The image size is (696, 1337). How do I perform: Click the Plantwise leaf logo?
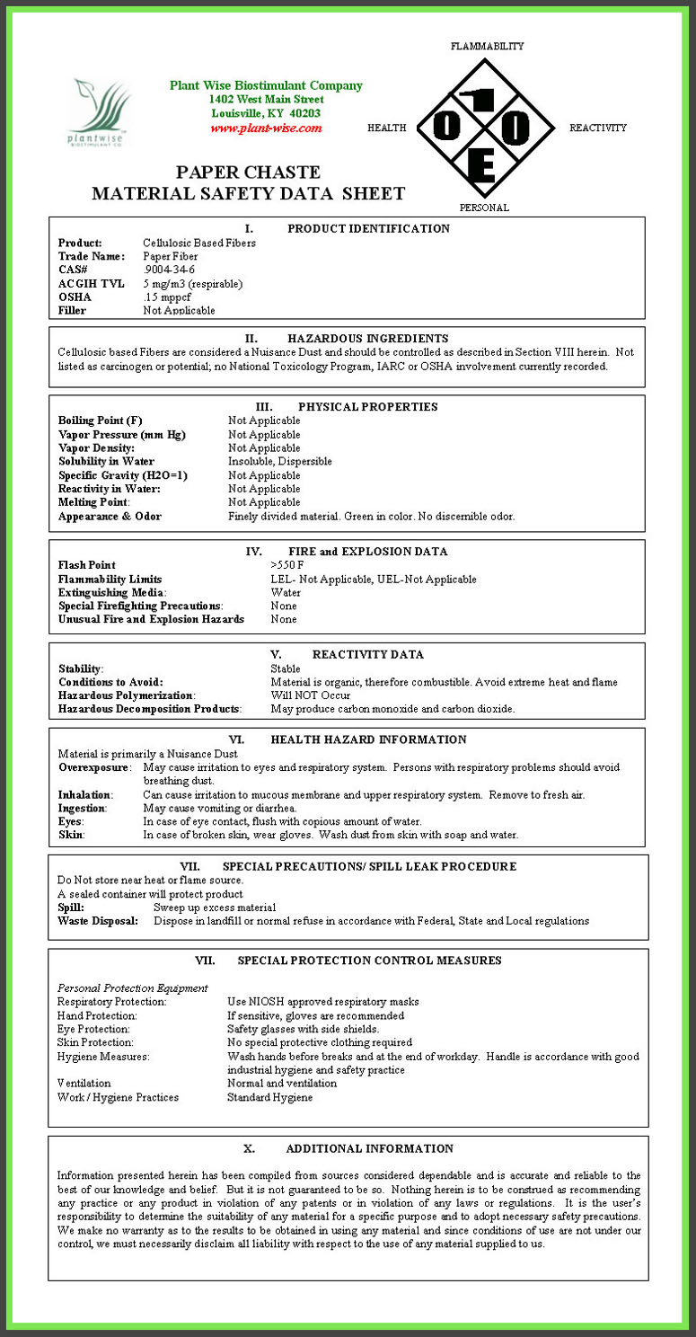click(x=100, y=112)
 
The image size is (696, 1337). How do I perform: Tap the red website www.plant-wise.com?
click(x=266, y=128)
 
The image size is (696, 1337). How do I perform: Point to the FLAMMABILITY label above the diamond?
click(x=487, y=46)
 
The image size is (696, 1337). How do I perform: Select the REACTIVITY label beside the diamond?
click(x=598, y=128)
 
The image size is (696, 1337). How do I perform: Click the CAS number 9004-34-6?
click(x=169, y=270)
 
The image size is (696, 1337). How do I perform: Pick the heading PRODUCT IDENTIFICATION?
click(x=368, y=229)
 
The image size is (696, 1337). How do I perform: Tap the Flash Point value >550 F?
click(x=287, y=565)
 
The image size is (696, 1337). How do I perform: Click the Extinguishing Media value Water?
click(x=286, y=592)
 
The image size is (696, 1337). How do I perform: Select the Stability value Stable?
click(x=286, y=668)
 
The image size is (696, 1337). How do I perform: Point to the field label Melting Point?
click(x=93, y=502)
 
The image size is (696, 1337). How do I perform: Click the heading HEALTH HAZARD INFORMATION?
click(x=368, y=739)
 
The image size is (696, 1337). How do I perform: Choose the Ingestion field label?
click(x=82, y=808)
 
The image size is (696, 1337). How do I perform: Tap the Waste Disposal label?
click(x=98, y=921)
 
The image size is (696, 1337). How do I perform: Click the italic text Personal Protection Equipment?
click(x=133, y=988)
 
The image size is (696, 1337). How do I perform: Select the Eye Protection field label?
click(x=93, y=1029)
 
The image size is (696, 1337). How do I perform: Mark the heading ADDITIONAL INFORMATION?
click(x=369, y=1148)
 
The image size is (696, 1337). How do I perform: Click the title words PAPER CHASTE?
click(x=248, y=173)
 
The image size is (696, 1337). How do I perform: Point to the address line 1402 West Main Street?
click(x=266, y=100)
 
